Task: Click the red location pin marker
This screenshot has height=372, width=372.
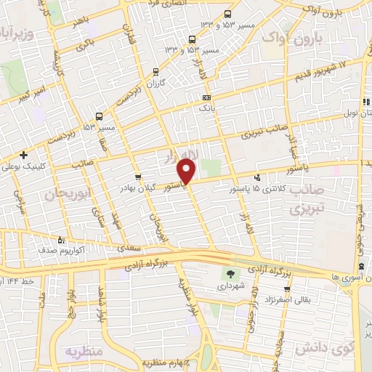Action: click(x=187, y=171)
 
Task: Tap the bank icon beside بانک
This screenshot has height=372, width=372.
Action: click(x=207, y=97)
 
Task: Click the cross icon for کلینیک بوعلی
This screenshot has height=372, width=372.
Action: click(x=24, y=155)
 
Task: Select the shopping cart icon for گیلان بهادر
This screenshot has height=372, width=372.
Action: click(x=138, y=177)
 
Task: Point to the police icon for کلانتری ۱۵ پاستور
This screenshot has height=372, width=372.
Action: click(x=257, y=177)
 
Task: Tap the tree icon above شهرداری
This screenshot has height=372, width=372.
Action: click(x=230, y=274)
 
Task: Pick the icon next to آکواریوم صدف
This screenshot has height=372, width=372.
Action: click(x=61, y=238)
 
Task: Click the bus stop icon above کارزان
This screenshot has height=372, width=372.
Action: click(x=155, y=71)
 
